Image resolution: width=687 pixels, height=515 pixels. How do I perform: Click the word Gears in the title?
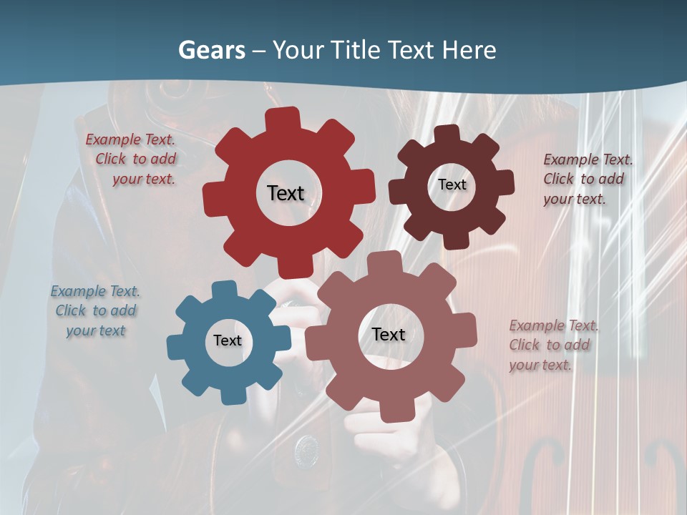pos(212,50)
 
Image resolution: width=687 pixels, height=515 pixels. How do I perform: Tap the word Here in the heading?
pos(469,50)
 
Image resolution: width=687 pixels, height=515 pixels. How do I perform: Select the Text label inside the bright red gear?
pos(286,193)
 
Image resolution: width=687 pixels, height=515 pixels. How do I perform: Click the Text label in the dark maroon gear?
pos(452,185)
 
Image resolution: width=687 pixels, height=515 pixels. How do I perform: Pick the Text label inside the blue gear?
pos(227,340)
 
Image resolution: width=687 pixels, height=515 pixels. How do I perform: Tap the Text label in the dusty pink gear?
pos(388,334)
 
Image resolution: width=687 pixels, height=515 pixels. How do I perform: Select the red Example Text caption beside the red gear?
pos(131,159)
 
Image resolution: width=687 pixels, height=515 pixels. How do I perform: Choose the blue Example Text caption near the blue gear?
pos(95,310)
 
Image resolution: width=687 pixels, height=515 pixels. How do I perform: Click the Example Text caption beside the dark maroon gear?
pos(588,179)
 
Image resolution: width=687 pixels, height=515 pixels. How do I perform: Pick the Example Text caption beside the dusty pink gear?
pos(553,345)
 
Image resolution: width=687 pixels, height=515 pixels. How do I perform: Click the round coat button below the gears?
pos(307,448)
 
